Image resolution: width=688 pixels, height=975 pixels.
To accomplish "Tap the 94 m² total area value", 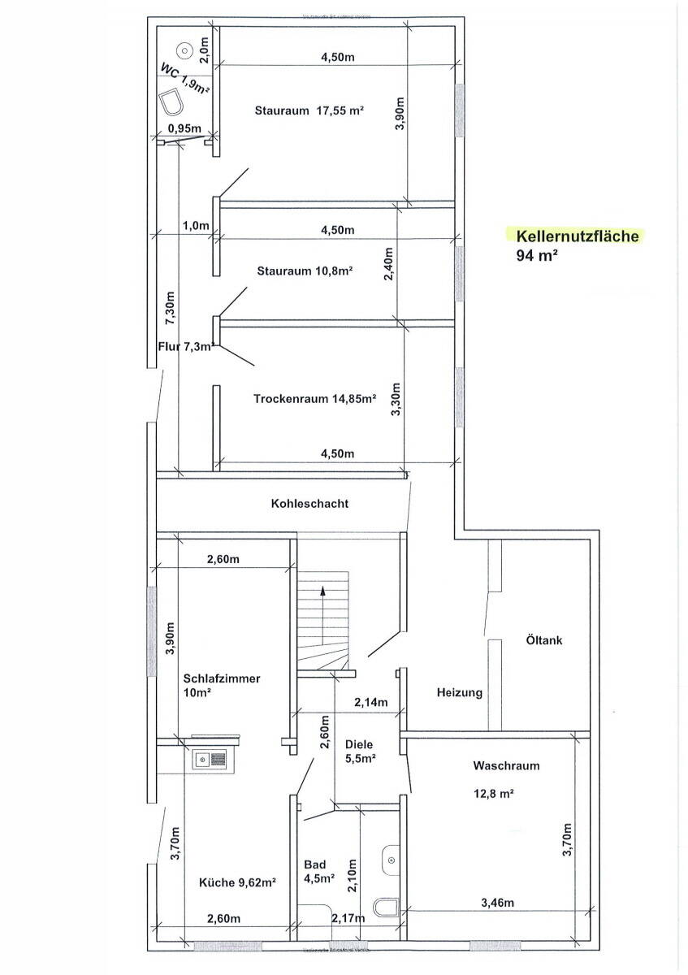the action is (x=536, y=255).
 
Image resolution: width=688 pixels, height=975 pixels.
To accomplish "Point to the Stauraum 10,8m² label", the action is (x=305, y=271).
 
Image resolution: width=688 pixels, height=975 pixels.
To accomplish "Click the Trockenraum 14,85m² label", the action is (x=314, y=399).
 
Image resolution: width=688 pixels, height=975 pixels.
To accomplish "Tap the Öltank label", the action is (x=543, y=640).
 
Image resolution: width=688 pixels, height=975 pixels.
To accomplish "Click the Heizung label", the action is (x=460, y=693).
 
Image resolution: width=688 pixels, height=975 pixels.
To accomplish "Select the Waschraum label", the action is (x=506, y=765).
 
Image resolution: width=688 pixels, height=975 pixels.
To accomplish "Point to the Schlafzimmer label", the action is (x=222, y=678).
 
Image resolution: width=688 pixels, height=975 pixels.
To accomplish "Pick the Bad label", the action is (x=314, y=864).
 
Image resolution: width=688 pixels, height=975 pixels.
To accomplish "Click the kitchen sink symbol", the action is (x=210, y=760).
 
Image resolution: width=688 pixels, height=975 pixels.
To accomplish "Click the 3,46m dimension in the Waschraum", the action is (x=497, y=903).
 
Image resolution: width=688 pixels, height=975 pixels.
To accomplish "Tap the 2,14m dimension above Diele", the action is (x=370, y=703).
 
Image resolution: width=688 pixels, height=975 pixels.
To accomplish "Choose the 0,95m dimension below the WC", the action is (x=184, y=128).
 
